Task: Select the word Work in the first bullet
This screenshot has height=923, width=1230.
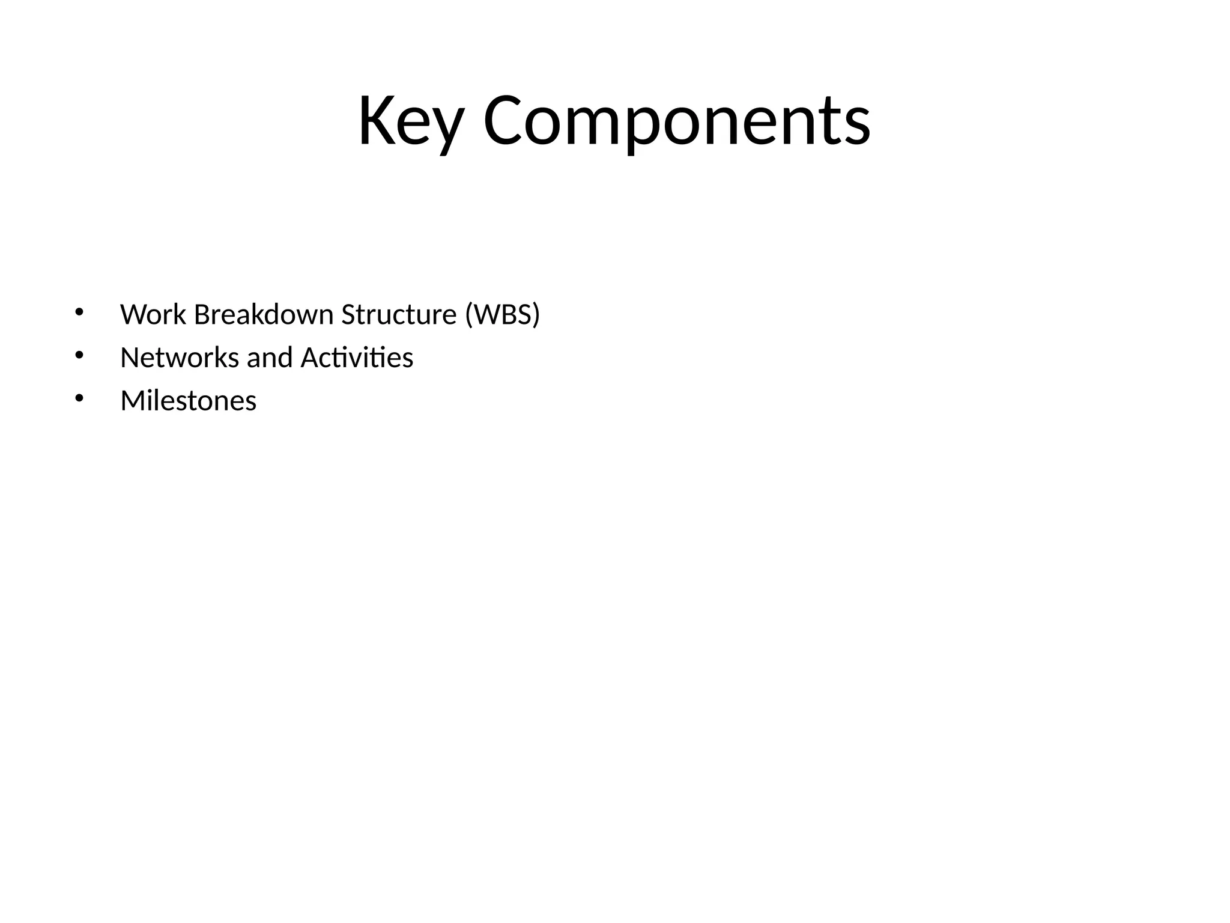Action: click(x=153, y=314)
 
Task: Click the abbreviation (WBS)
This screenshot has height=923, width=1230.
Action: click(x=503, y=314)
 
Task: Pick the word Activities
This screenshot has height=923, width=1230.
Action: click(x=357, y=358)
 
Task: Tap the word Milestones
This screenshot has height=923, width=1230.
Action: click(x=188, y=401)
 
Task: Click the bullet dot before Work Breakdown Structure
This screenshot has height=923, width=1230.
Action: click(x=79, y=312)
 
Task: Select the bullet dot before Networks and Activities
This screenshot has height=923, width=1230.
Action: click(x=79, y=355)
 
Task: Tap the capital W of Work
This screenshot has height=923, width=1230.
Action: click(x=133, y=314)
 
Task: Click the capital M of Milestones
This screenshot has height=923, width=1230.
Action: click(x=132, y=401)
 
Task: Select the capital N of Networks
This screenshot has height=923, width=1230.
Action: click(x=129, y=358)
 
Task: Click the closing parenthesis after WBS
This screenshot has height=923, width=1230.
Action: click(x=536, y=314)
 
